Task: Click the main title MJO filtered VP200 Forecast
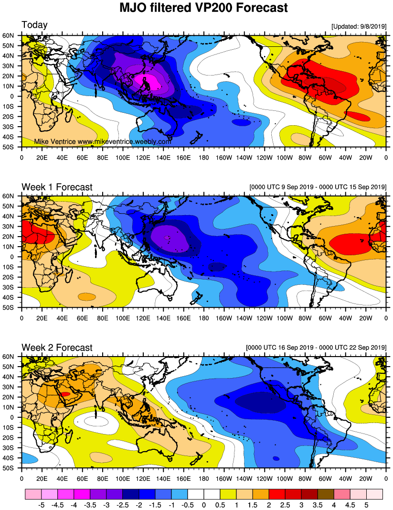[196, 8]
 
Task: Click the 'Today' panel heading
[34, 25]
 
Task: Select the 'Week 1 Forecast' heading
[57, 187]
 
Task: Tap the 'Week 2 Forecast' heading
[57, 347]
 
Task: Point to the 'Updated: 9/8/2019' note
[358, 27]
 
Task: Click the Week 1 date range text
[318, 187]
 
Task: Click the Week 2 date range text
[316, 347]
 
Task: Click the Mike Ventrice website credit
[103, 141]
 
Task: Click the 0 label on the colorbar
[204, 504]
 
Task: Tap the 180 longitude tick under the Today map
[204, 156]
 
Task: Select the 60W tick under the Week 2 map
[325, 477]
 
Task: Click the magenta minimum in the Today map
[146, 79]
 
